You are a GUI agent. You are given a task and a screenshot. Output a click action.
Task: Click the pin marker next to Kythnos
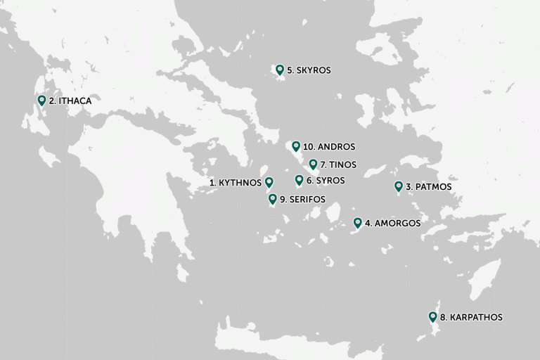point(269,183)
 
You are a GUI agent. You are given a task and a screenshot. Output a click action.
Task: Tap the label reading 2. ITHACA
point(70,101)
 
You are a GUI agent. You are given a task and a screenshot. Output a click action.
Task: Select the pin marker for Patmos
point(399,187)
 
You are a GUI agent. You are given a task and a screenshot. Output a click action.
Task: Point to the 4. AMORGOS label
point(392,224)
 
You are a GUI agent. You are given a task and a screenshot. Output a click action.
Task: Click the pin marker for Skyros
point(280,70)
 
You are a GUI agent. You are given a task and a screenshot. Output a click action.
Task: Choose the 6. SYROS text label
point(326,181)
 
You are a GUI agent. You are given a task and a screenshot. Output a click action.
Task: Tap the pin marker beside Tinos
point(313,165)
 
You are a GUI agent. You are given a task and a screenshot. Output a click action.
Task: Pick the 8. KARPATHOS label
point(471,317)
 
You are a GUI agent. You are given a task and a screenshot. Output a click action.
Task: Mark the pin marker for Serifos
point(273,199)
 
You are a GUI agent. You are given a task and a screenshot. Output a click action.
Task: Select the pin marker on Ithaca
point(41,101)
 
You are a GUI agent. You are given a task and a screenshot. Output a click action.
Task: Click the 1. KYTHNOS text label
point(236,183)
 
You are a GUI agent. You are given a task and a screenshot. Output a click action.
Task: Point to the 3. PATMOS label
point(428,187)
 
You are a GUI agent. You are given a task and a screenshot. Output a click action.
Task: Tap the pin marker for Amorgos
point(357,223)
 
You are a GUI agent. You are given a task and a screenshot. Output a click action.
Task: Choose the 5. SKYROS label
point(309,70)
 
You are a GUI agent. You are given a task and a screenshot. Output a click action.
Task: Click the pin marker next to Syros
point(299,180)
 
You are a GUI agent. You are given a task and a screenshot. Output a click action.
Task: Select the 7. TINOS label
point(338,165)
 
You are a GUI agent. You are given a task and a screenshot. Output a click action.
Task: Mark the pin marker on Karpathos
point(433,317)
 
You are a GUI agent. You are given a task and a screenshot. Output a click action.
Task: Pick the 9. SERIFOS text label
point(302,200)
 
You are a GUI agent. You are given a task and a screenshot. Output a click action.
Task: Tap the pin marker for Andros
point(296,146)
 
